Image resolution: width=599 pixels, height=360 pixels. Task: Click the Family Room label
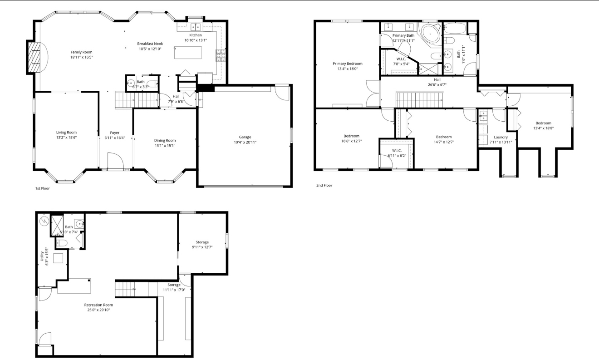[x=81, y=52]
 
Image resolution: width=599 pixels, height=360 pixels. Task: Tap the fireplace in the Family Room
[x=34, y=57]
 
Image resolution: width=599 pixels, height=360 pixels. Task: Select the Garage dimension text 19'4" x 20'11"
[x=245, y=142]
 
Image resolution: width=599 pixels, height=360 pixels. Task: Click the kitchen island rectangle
[x=188, y=52]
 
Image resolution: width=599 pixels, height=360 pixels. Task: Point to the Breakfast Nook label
[x=150, y=44]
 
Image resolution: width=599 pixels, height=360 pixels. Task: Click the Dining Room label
[x=165, y=140]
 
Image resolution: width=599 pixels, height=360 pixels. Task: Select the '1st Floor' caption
[x=43, y=188]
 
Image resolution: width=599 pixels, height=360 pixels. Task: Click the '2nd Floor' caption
[x=324, y=185]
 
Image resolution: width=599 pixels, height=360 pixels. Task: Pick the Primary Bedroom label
[x=347, y=64]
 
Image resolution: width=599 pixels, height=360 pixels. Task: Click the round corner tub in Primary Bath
[x=430, y=34]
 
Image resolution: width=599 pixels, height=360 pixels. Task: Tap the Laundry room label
[x=501, y=137]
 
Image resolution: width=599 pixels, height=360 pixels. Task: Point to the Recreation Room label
[x=98, y=305]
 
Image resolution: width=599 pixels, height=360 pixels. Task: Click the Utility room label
[x=42, y=256]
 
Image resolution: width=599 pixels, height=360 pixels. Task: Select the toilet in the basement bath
[x=62, y=243]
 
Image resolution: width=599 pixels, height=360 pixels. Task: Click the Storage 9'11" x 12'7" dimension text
[x=202, y=247]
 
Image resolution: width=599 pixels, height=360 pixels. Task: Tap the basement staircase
[x=125, y=289]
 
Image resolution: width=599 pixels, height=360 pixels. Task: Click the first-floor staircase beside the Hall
[x=137, y=100]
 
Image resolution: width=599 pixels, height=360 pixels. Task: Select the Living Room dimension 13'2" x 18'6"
[x=66, y=138]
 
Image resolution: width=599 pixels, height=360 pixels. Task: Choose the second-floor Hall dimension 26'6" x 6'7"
[x=437, y=85]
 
